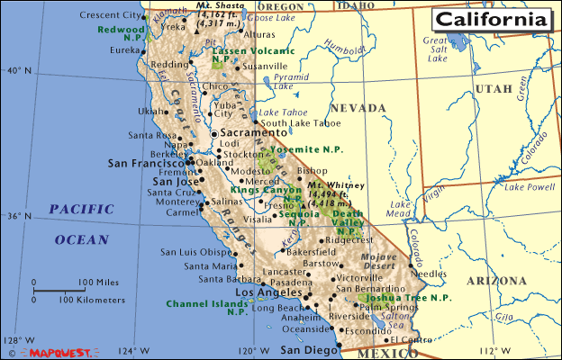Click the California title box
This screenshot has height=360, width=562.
tap(491, 19)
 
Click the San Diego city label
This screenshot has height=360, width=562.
tap(304, 350)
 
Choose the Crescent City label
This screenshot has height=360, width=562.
tap(111, 16)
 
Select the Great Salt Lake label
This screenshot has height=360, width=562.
tap(437, 50)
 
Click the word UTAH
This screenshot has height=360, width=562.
tap(493, 88)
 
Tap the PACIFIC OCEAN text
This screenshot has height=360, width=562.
tap(81, 224)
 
